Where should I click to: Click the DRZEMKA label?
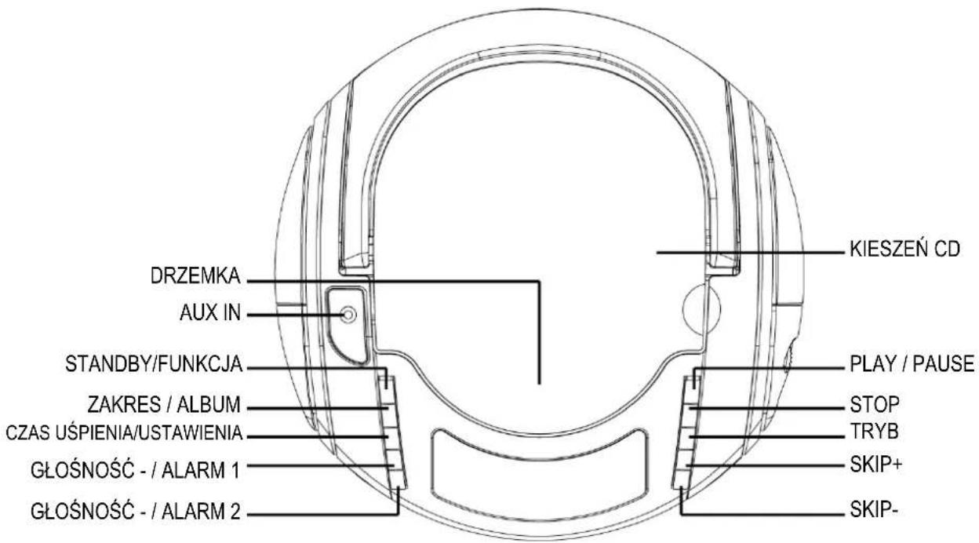pos(195,276)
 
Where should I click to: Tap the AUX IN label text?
pos(210,313)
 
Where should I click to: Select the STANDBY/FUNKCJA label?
pos(154,364)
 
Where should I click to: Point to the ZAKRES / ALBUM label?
pos(164,404)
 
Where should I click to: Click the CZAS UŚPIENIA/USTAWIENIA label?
pos(124,433)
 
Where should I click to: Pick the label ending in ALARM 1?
pos(136,471)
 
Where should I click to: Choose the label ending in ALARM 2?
pos(136,511)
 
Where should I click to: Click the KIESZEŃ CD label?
pos(904,249)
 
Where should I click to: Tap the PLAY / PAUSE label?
pos(912,364)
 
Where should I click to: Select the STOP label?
pos(875,404)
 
